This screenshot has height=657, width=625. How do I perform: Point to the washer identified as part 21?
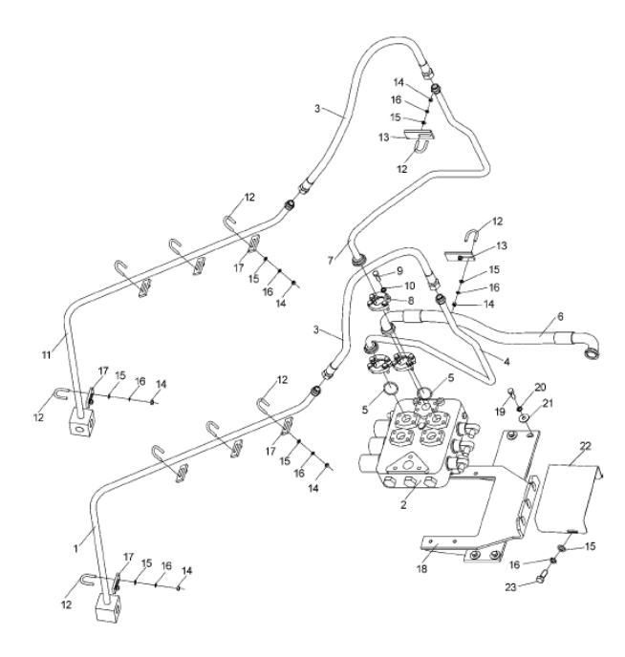[525, 418]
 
